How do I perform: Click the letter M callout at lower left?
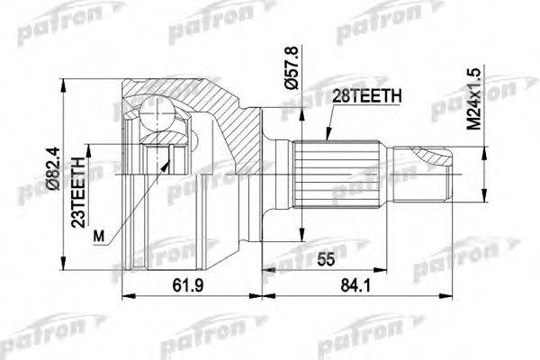[99, 237]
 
